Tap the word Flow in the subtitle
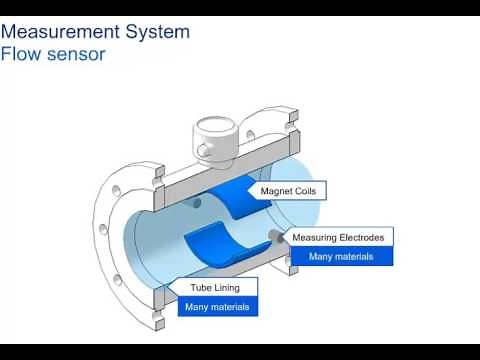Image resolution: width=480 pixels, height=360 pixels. tap(24, 53)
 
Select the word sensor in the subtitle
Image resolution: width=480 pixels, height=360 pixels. tap(79, 53)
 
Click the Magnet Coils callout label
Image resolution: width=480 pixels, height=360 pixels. tap(293, 190)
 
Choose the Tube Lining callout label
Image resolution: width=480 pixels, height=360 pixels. tap(216, 288)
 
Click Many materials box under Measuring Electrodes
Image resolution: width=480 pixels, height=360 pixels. tap(340, 256)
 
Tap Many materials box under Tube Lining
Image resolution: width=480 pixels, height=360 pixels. tap(216, 307)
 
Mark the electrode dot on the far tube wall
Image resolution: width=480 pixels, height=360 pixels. tap(196, 203)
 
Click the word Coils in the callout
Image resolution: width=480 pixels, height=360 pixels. tap(309, 190)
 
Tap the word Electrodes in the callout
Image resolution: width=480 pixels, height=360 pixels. tap(363, 238)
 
